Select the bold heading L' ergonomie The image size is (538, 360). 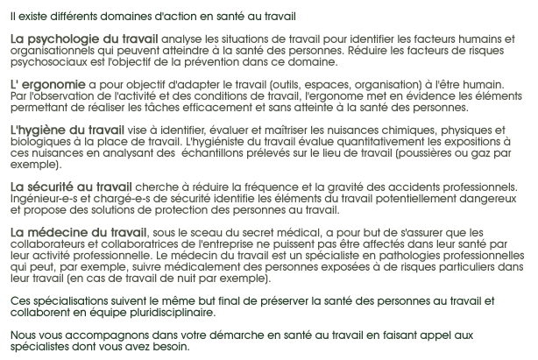point(47,85)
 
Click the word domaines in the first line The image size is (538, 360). point(127,16)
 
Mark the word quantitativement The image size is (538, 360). point(357,142)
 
